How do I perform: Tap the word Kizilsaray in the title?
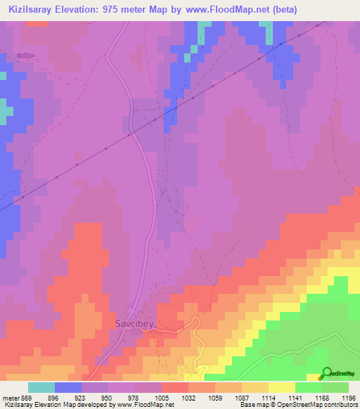(32, 10)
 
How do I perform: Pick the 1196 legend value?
(349, 398)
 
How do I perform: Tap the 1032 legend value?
(188, 398)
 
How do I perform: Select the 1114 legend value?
(268, 398)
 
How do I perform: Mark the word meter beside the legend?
(11, 398)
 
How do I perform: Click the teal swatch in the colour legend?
(41, 387)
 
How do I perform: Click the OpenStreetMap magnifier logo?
(326, 373)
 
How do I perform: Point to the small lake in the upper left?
(25, 54)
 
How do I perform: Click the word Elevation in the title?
(79, 10)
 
